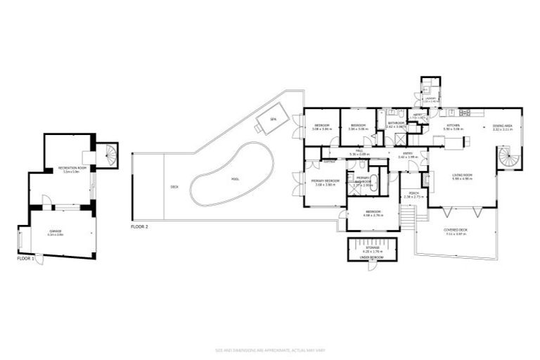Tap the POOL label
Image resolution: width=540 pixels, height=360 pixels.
coord(235,179)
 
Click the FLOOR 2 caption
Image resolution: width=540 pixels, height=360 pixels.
coord(140,228)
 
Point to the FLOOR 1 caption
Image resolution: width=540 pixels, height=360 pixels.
coord(27,259)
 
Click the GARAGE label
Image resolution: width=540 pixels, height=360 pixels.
coord(55,231)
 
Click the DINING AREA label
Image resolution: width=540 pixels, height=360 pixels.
coord(502,126)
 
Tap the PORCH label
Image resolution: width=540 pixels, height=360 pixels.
coord(409,194)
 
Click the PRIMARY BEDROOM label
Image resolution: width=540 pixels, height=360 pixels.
coord(326,181)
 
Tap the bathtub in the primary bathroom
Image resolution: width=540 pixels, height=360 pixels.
coord(375,186)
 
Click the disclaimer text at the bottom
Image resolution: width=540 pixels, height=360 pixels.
coord(269,349)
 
